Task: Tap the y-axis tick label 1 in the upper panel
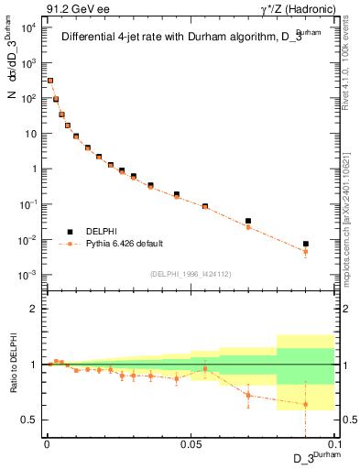click(34, 169)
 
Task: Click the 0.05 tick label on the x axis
click(191, 443)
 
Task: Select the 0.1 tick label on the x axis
click(333, 443)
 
